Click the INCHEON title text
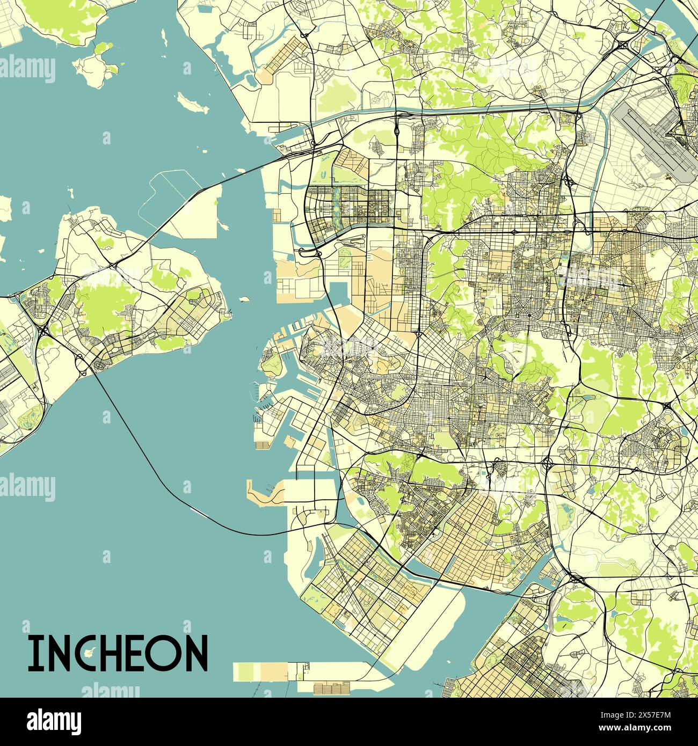pyautogui.click(x=118, y=653)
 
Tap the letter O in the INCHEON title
pyautogui.click(x=165, y=653)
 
